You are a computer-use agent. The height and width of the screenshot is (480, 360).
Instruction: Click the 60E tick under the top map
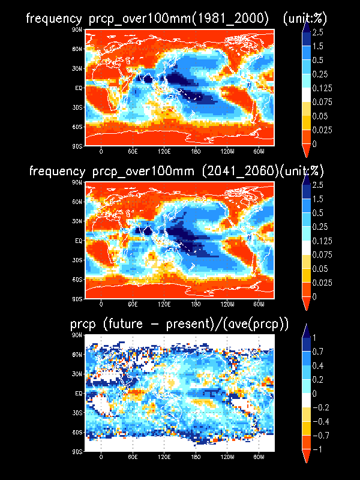tap(133, 151)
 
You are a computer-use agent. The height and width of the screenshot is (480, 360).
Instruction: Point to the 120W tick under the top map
tap(227, 151)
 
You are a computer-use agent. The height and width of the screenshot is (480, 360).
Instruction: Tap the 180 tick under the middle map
tap(196, 304)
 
